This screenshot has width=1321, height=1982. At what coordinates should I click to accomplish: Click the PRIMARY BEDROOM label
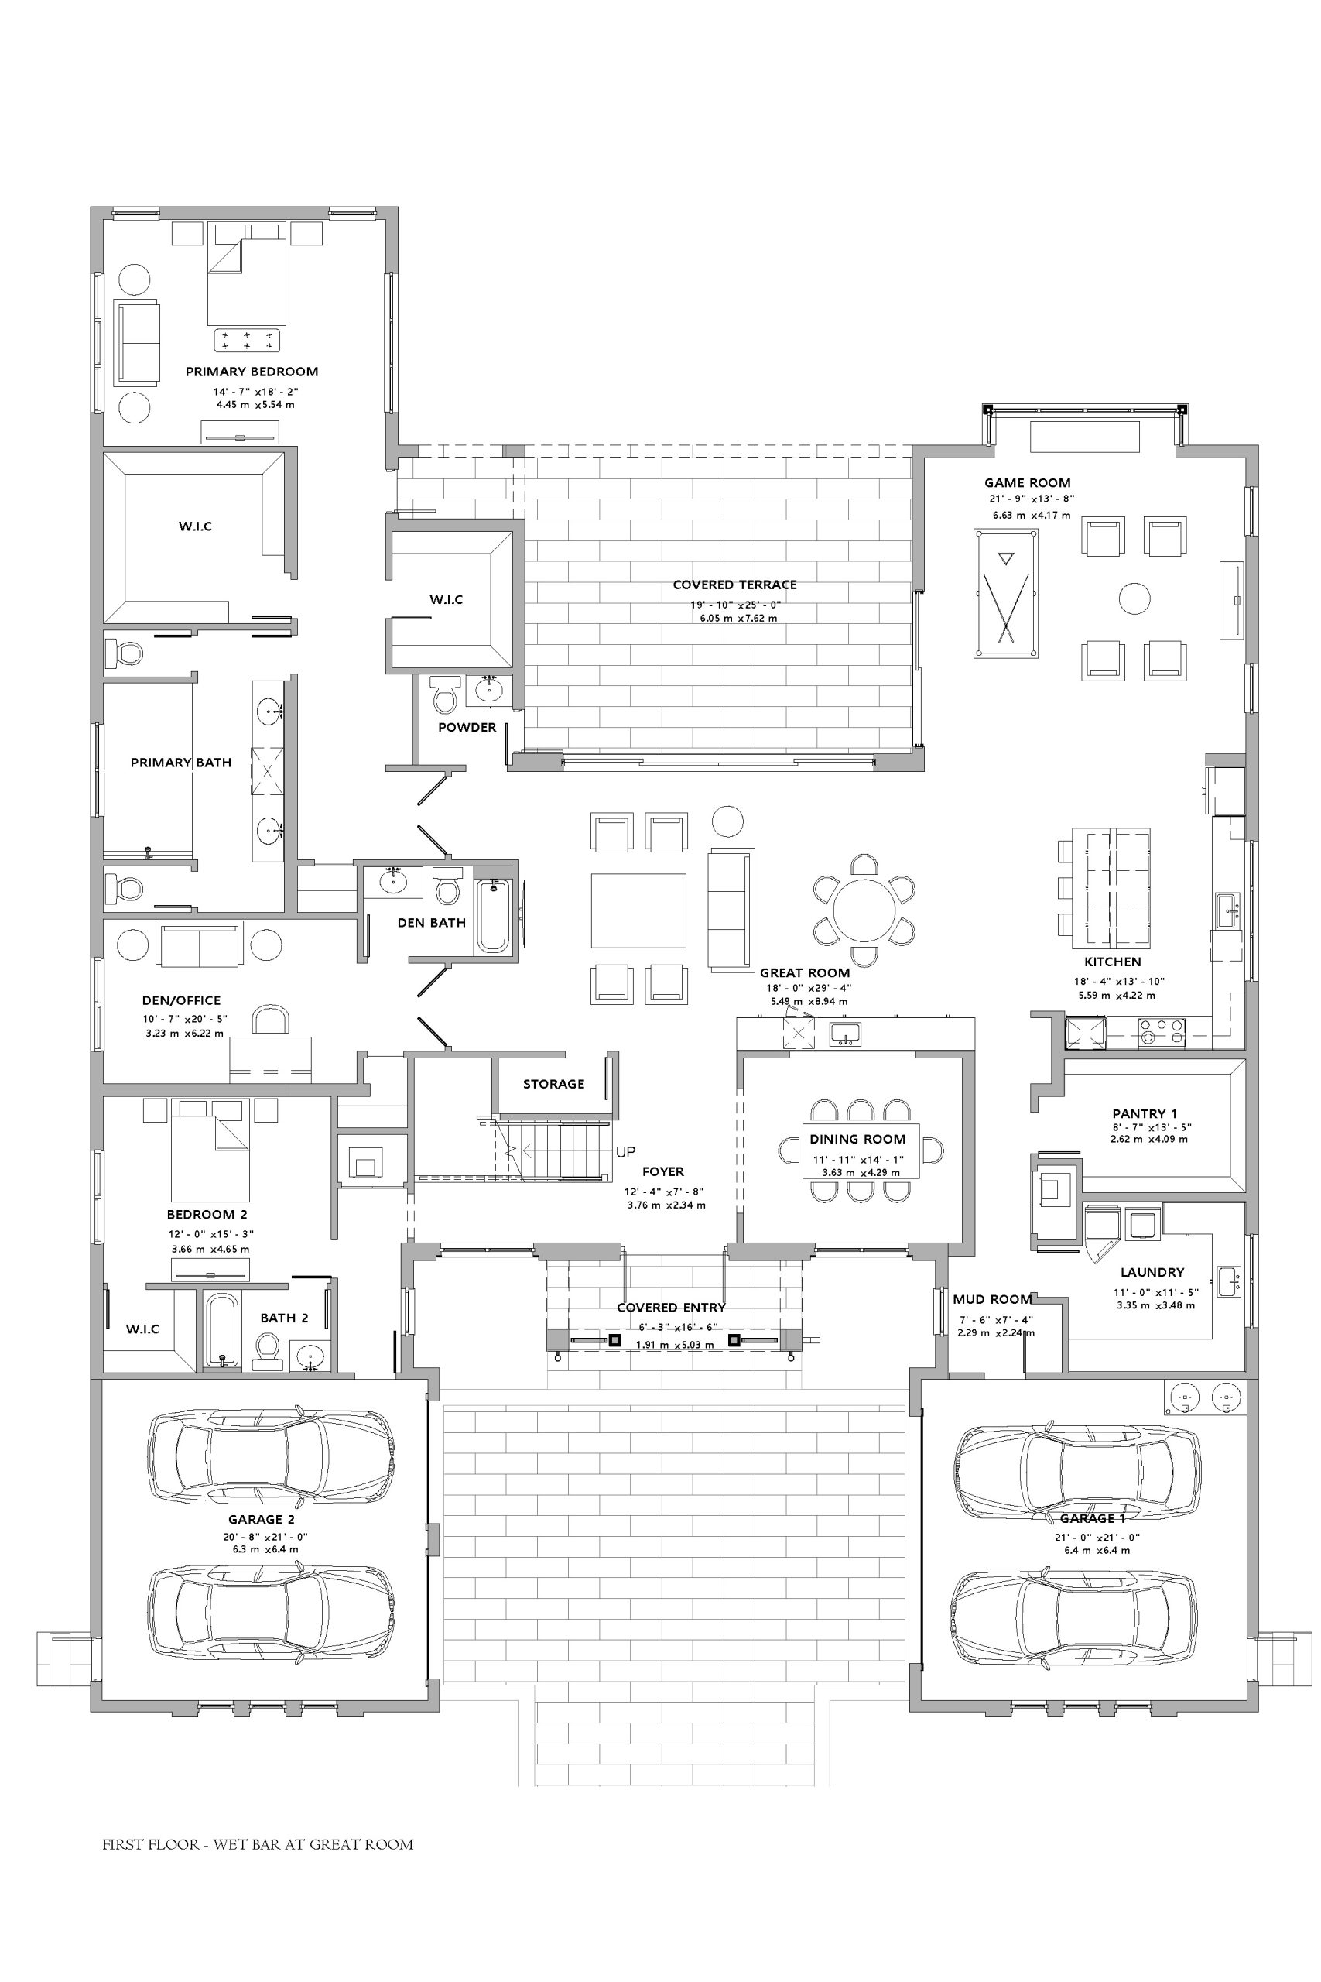252,372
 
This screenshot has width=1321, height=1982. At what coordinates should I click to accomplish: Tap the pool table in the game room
1006,593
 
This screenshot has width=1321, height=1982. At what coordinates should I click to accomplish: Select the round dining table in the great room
864,910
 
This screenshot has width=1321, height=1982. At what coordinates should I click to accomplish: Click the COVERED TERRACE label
734,585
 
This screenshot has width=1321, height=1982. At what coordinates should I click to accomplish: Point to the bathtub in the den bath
494,915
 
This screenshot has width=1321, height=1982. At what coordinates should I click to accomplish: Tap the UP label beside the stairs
625,1152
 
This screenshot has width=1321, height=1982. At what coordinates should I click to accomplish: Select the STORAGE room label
553,1085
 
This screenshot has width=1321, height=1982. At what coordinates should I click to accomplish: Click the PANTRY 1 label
1144,1114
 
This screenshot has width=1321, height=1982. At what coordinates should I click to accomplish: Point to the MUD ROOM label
991,1299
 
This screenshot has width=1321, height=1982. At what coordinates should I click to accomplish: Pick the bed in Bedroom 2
210,1150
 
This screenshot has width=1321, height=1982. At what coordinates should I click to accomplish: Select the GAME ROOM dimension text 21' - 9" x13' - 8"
1032,499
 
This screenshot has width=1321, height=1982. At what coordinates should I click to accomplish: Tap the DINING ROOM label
857,1140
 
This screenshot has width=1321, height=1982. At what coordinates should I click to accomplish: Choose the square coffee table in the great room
638,911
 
